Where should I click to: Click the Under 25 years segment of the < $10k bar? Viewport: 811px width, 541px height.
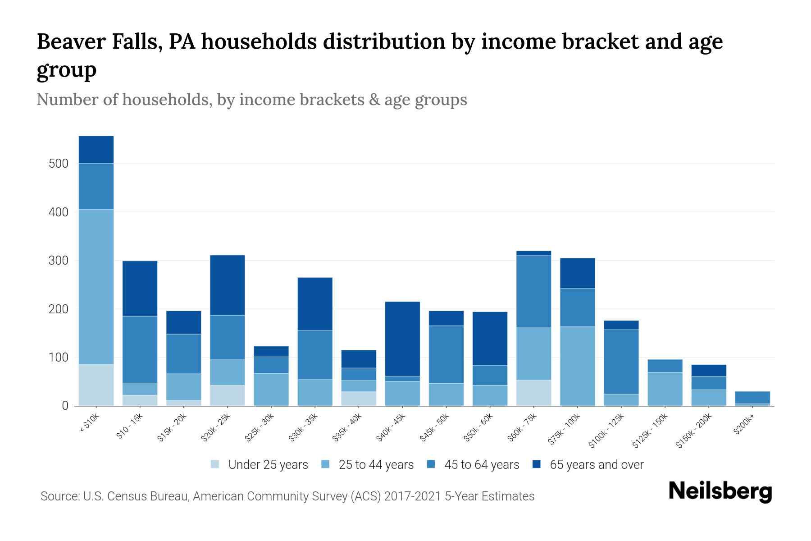pyautogui.click(x=96, y=385)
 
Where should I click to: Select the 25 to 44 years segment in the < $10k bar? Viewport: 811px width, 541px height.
pyautogui.click(x=96, y=287)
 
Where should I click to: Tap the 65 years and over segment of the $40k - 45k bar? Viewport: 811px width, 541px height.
pyautogui.click(x=402, y=339)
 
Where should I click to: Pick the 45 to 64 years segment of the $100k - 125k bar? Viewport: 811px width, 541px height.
pyautogui.click(x=621, y=362)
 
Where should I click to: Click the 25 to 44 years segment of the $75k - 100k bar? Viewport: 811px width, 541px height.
pyautogui.click(x=578, y=366)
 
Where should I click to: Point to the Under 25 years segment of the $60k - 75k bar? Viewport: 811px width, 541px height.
pyautogui.click(x=534, y=393)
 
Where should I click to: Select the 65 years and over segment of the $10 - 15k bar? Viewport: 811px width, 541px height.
pyautogui.click(x=140, y=289)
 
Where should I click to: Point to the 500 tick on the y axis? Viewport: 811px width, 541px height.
pyautogui.click(x=59, y=164)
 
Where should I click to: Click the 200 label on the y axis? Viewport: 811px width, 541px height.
pyautogui.click(x=59, y=309)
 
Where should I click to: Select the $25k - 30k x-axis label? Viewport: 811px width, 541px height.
pyautogui.click(x=260, y=428)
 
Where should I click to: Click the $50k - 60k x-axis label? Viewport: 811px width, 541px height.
pyautogui.click(x=479, y=428)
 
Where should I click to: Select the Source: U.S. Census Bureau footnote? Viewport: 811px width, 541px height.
pyautogui.click(x=287, y=496)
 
